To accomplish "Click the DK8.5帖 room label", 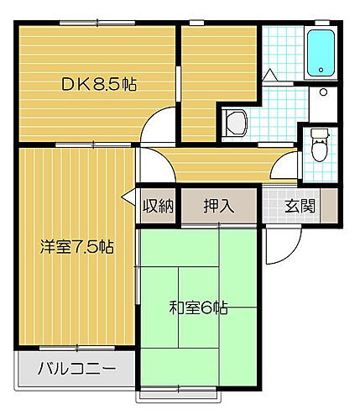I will [x=99, y=84].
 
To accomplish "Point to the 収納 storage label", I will [x=157, y=206].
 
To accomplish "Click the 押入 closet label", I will [x=218, y=206].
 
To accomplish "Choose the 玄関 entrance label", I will [x=299, y=206].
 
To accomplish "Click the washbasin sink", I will [x=235, y=123].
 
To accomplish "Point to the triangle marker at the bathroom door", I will [x=270, y=76].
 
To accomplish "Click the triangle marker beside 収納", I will [x=128, y=199].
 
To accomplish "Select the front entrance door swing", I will [x=281, y=245].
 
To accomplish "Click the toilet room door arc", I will [x=289, y=165].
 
